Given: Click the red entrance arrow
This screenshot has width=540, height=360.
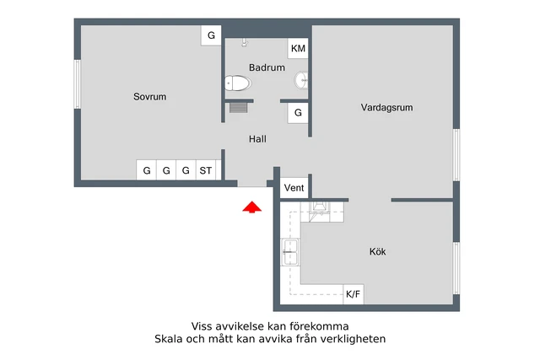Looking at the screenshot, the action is coord(251,207).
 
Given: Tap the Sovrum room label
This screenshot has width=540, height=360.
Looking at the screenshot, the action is coord(150,97).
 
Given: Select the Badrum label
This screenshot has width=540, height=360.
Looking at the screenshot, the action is coord(267,67).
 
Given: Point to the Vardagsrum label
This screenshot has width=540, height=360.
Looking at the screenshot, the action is coord(386,107).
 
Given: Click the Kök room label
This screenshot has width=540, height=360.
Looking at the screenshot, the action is coord(377,251).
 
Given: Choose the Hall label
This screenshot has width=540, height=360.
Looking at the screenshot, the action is coord(257,139).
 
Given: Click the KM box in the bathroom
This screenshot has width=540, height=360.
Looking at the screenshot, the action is coord(298,49).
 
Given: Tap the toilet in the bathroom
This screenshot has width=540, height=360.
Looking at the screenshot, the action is coord(238,83).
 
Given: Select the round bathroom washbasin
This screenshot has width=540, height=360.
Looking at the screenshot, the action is coord(301,81).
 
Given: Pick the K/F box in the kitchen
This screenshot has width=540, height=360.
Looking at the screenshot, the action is coord(354,294).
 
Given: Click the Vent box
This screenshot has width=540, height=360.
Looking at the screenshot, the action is coord(294,188).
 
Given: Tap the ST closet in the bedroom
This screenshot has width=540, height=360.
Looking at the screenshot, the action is coord(206,170).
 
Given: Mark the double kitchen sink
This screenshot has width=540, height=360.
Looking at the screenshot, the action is coord(290,252).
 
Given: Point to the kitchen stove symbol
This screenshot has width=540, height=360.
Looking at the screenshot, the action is coord(319,212).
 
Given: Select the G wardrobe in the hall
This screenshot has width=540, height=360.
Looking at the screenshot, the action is coord(298,113).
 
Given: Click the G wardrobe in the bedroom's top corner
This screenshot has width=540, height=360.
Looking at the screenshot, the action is coord(211,35).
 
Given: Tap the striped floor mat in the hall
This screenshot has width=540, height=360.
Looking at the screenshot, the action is coord(239,107).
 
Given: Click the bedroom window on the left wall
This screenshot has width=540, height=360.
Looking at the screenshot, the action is coord(78,84).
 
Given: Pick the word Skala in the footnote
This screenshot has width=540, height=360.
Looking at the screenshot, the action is coord(169,339).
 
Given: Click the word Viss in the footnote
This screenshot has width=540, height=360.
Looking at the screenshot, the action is coord(201,326).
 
